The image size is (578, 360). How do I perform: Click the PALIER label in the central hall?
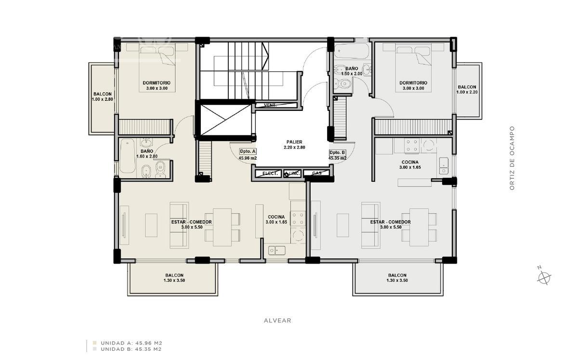click(x=294, y=142)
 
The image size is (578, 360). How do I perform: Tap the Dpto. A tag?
click(x=248, y=151)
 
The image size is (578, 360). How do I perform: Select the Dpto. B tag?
click(x=338, y=152)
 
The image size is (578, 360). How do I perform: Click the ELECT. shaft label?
click(x=270, y=173)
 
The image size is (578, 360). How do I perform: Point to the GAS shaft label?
click(x=317, y=173)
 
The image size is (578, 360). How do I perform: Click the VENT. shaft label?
click(x=270, y=106)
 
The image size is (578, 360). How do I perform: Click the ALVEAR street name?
click(x=277, y=320)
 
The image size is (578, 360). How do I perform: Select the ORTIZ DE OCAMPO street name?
click(x=512, y=158)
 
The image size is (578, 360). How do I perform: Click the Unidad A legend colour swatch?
click(x=95, y=343)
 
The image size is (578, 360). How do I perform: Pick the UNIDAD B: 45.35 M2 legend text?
click(x=131, y=349)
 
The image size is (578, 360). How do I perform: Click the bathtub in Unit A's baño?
click(x=128, y=156)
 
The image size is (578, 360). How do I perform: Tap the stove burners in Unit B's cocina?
click(x=411, y=146)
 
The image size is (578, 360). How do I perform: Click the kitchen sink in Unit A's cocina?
click(x=276, y=250)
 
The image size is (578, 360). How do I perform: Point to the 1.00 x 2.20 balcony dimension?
click(x=467, y=92)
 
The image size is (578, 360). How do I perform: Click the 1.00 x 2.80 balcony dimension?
click(x=103, y=99)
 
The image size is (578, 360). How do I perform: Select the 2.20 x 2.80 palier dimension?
click(x=294, y=147)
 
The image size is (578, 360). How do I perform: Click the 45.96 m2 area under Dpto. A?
click(x=248, y=158)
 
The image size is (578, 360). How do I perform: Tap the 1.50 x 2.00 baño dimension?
click(x=352, y=74)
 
